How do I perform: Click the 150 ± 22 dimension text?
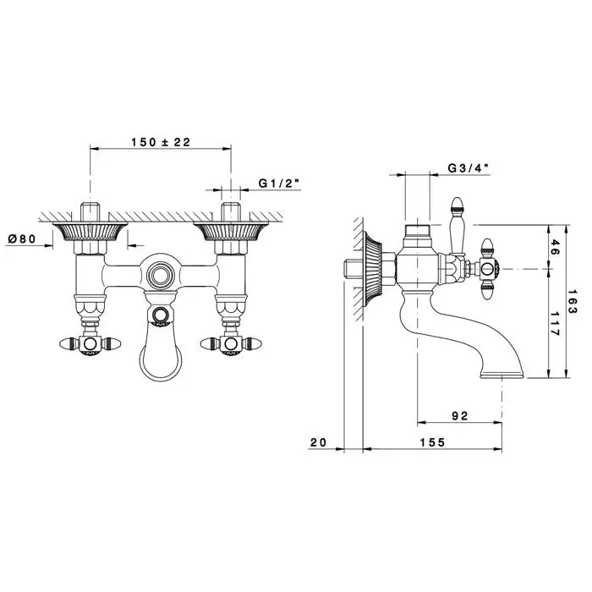coord(161,142)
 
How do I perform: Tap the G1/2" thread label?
coord(279,184)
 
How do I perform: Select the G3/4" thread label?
coord(469,168)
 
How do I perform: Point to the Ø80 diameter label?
coord(22,238)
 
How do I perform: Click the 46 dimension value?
coord(553,247)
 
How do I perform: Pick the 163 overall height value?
coord(573,301)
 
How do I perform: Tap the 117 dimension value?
coord(553,324)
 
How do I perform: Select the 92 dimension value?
coord(460,416)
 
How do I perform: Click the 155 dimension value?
coord(433,442)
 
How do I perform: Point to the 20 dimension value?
coord(318,442)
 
